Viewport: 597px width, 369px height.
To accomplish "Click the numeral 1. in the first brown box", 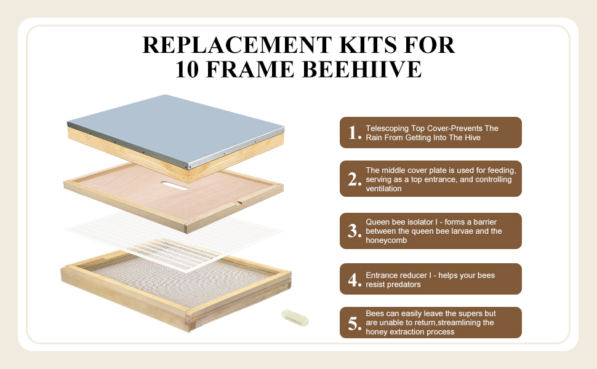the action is pos(355,133).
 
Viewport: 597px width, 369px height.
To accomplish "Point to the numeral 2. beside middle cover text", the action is pos(355,179).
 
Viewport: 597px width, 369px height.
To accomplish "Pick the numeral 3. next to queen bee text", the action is pos(355,231).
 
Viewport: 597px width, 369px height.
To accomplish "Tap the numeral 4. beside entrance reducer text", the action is pos(355,280).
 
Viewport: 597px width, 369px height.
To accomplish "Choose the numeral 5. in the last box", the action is pos(355,323).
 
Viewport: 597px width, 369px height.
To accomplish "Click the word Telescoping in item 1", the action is pos(387,129).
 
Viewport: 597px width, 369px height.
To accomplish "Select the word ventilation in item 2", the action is pos(383,189).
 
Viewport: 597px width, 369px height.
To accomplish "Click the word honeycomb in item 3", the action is pos(386,240).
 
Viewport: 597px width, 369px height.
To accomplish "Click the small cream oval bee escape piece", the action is pos(295,317).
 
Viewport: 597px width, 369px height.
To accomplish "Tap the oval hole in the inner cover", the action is pos(175,186).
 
